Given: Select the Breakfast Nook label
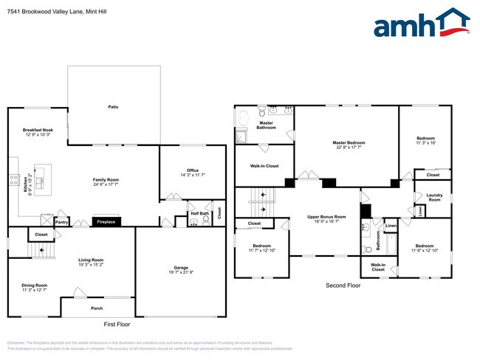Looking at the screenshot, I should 38,132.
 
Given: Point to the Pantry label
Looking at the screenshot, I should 62,221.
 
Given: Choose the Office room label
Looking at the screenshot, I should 193,172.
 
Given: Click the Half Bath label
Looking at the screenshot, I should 200,214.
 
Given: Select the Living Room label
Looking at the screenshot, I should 92,260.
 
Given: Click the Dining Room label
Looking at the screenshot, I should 34,286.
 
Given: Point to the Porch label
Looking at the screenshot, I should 97,308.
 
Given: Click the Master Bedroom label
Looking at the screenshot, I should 349,143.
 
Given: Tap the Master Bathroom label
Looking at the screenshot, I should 266,125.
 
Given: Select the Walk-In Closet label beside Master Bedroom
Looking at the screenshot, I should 264,166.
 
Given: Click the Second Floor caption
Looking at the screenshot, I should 343,285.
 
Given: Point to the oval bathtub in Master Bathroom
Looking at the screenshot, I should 242,118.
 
